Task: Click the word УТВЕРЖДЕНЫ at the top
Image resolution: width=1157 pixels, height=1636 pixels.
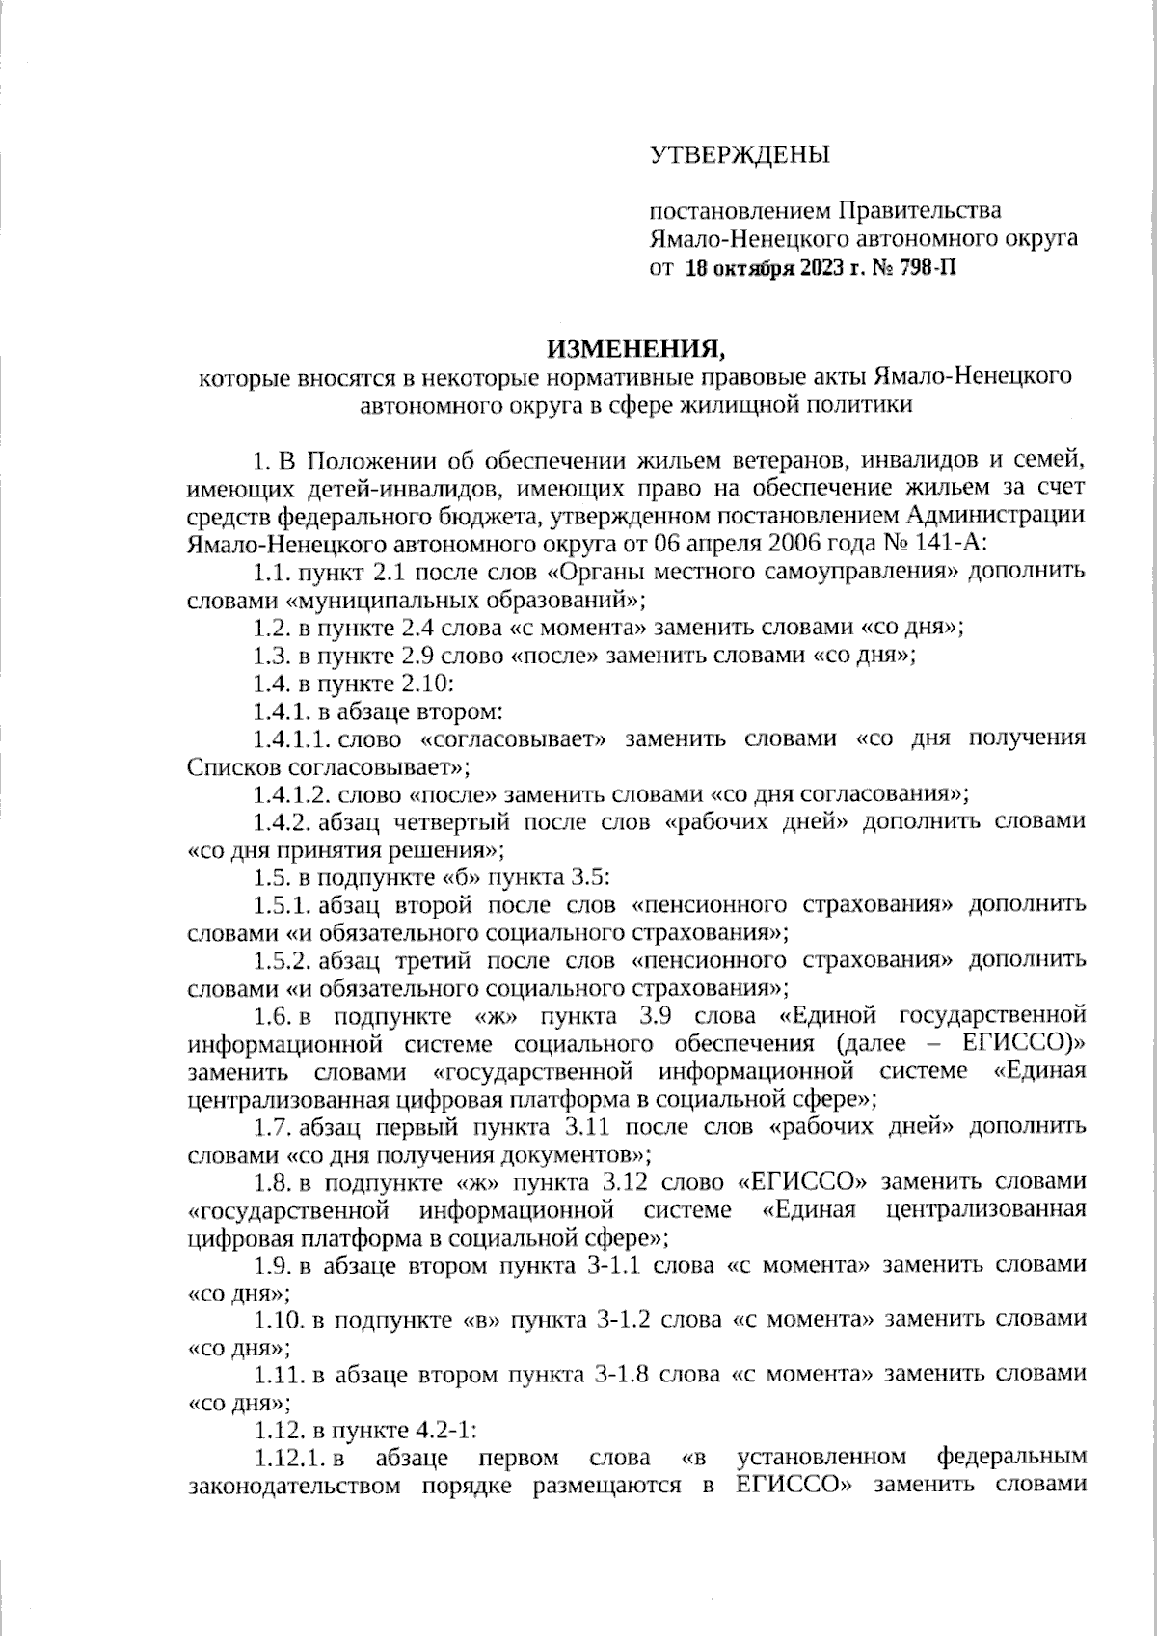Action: (x=739, y=155)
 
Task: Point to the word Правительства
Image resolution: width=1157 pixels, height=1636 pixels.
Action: (x=917, y=210)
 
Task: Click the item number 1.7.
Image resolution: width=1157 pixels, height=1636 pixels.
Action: (x=274, y=1126)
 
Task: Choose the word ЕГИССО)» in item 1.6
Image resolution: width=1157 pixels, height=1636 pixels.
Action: (x=1025, y=1043)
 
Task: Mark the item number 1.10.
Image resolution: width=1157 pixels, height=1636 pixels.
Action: (x=278, y=1319)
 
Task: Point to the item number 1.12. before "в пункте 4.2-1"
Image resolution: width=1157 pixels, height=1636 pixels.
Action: (x=278, y=1430)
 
